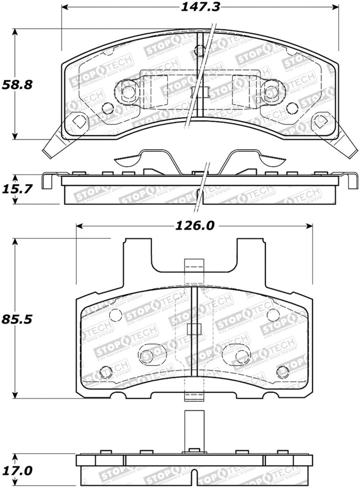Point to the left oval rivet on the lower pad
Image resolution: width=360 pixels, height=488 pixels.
point(152,353)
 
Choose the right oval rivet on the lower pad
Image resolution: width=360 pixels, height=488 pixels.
point(236,353)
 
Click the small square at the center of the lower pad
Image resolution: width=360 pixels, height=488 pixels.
point(194,329)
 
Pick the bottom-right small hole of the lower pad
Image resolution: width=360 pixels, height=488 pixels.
point(282,370)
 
